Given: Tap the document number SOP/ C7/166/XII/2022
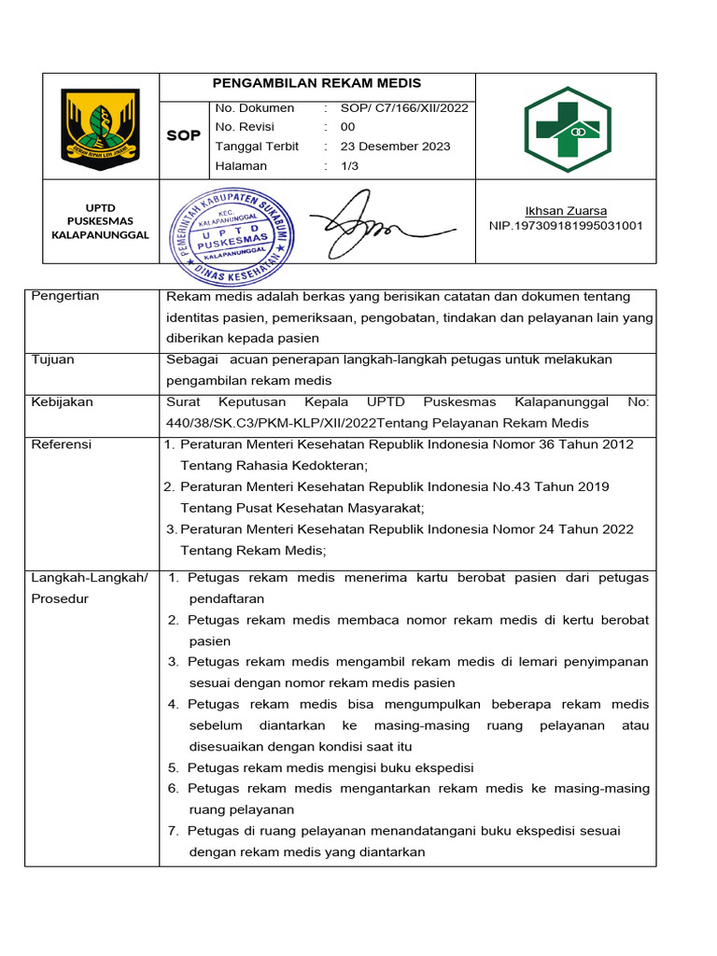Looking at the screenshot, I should click(x=404, y=107).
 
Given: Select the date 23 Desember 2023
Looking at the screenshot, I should click(x=395, y=146).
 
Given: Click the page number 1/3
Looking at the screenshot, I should click(x=349, y=165).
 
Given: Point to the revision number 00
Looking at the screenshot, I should click(x=347, y=127).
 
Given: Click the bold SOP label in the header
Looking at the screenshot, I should click(x=183, y=136).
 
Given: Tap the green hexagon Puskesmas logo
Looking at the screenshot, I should click(x=567, y=130).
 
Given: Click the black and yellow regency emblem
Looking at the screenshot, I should click(x=100, y=125).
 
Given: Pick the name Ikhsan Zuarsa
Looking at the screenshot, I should click(x=566, y=210).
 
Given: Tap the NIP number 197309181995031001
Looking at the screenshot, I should click(x=566, y=225).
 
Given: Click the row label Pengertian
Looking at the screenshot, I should click(x=65, y=296).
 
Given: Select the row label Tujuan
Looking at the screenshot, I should click(x=53, y=359).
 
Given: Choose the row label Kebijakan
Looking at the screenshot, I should click(x=61, y=401).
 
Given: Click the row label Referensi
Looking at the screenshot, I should click(x=62, y=444).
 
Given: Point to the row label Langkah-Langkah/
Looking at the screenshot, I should click(x=90, y=578).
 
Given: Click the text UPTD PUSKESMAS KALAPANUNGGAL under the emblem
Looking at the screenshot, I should click(x=100, y=221).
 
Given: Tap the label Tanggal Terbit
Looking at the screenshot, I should click(x=257, y=146).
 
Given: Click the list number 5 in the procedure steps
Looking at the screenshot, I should click(x=173, y=767).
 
